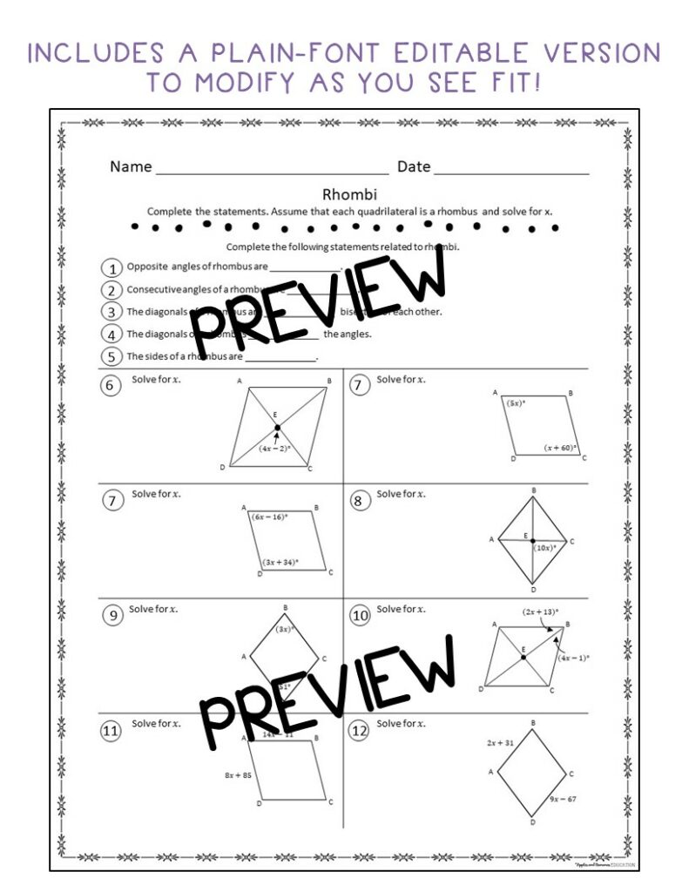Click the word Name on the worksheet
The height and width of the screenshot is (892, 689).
[x=131, y=166]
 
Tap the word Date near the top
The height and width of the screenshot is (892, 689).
[x=414, y=166]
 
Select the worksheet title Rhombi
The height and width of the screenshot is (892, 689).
[x=343, y=195]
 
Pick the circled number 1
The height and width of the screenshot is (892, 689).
[x=111, y=267]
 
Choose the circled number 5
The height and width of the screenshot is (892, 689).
[x=111, y=356]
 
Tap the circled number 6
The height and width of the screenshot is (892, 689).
[x=111, y=385]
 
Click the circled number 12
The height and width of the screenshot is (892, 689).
[x=359, y=732]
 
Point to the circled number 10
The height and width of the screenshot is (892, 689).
[x=359, y=616]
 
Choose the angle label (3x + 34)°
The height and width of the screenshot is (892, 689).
[x=280, y=562]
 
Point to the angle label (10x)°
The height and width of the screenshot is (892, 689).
[x=546, y=549]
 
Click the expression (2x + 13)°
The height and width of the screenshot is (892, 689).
[x=540, y=612]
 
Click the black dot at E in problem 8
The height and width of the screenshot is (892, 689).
[x=533, y=541]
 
